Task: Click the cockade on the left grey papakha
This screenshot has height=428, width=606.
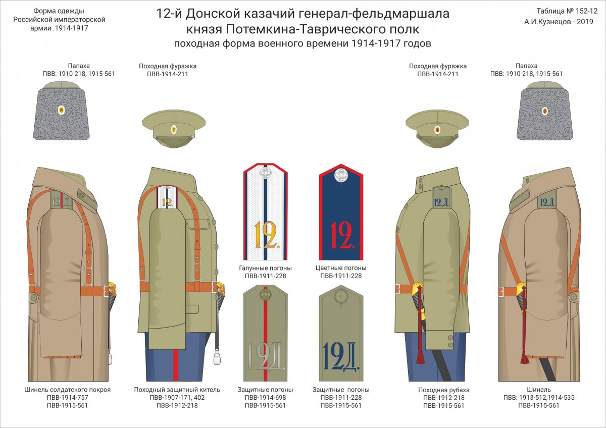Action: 62,110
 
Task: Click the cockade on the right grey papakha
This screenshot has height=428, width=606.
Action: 545,111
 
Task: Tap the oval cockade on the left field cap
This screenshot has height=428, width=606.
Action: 174,130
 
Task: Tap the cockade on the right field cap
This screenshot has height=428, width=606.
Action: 437,130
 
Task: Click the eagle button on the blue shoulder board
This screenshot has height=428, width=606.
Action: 341,175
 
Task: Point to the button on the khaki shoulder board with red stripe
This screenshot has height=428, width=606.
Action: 266,294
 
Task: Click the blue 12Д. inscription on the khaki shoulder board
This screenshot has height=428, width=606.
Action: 341,356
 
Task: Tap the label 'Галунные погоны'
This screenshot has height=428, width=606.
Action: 265,268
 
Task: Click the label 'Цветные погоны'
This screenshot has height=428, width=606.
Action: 341,268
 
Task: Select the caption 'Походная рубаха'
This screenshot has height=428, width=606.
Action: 444,390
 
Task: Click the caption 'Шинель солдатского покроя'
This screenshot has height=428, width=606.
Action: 67,390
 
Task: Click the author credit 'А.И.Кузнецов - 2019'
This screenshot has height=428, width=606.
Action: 559,22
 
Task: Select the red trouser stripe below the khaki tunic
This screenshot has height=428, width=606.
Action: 176,365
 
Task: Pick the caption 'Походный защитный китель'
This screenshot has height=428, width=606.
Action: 177,390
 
